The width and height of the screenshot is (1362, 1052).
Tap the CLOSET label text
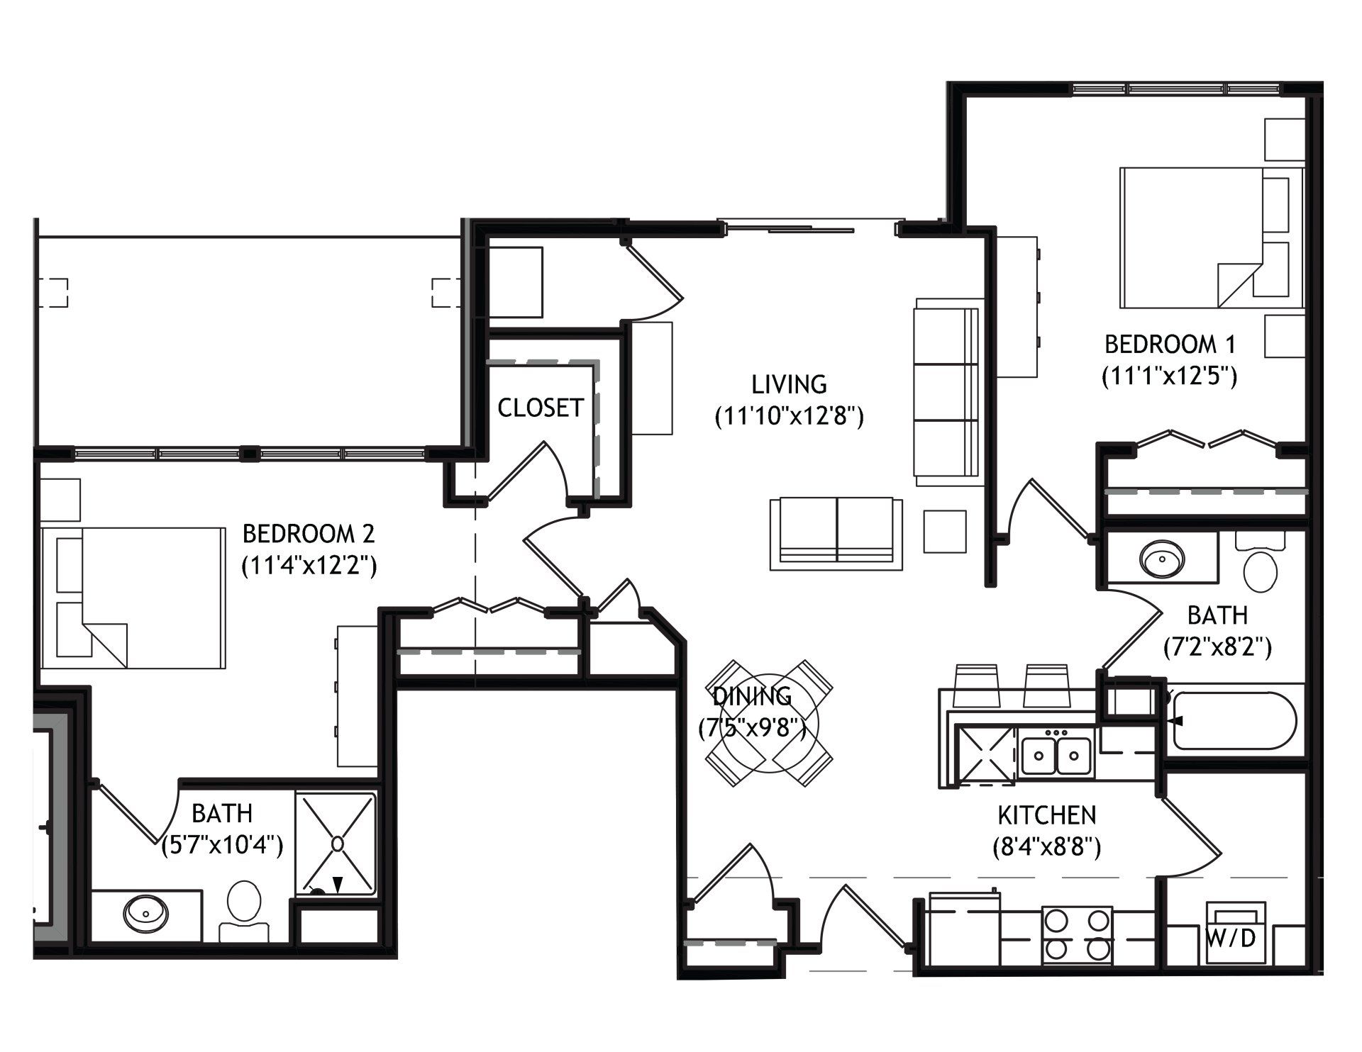541,408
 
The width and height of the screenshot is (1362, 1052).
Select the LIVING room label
789,384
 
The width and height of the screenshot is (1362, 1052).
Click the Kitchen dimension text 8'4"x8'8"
1046,847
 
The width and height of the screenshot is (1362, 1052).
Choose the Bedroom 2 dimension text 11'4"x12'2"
308,565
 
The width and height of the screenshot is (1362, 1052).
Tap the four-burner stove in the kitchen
1077,935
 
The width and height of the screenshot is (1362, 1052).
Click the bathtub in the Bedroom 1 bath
1235,720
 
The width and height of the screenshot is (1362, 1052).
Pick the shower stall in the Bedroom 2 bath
336,844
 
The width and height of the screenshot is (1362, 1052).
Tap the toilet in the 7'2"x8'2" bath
1261,561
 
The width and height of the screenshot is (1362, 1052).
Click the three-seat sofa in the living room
946,393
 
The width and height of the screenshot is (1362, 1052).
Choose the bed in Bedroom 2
133,597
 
